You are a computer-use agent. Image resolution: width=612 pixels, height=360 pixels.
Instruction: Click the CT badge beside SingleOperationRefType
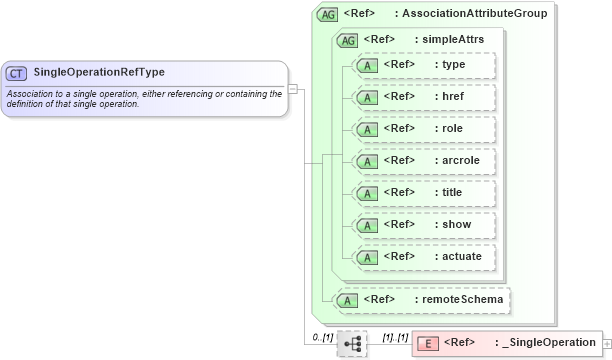point(17,73)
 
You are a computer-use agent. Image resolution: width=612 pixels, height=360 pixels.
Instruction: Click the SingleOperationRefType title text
point(99,72)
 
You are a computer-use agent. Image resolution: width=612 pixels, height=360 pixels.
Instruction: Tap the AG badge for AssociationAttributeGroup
point(327,15)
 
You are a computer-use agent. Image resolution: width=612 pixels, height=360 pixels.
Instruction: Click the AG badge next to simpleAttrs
point(348,40)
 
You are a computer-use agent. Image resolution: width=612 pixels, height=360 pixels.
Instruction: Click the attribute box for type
point(425,65)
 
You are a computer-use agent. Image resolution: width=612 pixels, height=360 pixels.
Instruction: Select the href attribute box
point(425,97)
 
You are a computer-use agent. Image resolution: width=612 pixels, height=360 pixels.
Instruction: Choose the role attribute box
point(425,129)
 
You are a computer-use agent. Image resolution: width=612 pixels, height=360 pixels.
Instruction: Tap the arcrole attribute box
point(425,161)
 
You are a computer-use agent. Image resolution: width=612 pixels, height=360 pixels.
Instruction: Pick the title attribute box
point(425,193)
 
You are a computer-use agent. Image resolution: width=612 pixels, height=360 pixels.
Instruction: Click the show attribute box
point(425,225)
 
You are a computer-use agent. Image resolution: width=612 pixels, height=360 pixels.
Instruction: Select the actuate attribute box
point(425,257)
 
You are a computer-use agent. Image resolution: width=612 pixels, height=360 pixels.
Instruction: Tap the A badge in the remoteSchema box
point(347,300)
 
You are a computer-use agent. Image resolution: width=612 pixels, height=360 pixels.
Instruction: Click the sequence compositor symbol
point(352,343)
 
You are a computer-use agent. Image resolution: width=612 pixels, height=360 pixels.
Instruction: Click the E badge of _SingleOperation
point(427,344)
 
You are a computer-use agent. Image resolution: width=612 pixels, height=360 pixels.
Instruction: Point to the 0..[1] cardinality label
point(321,337)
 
